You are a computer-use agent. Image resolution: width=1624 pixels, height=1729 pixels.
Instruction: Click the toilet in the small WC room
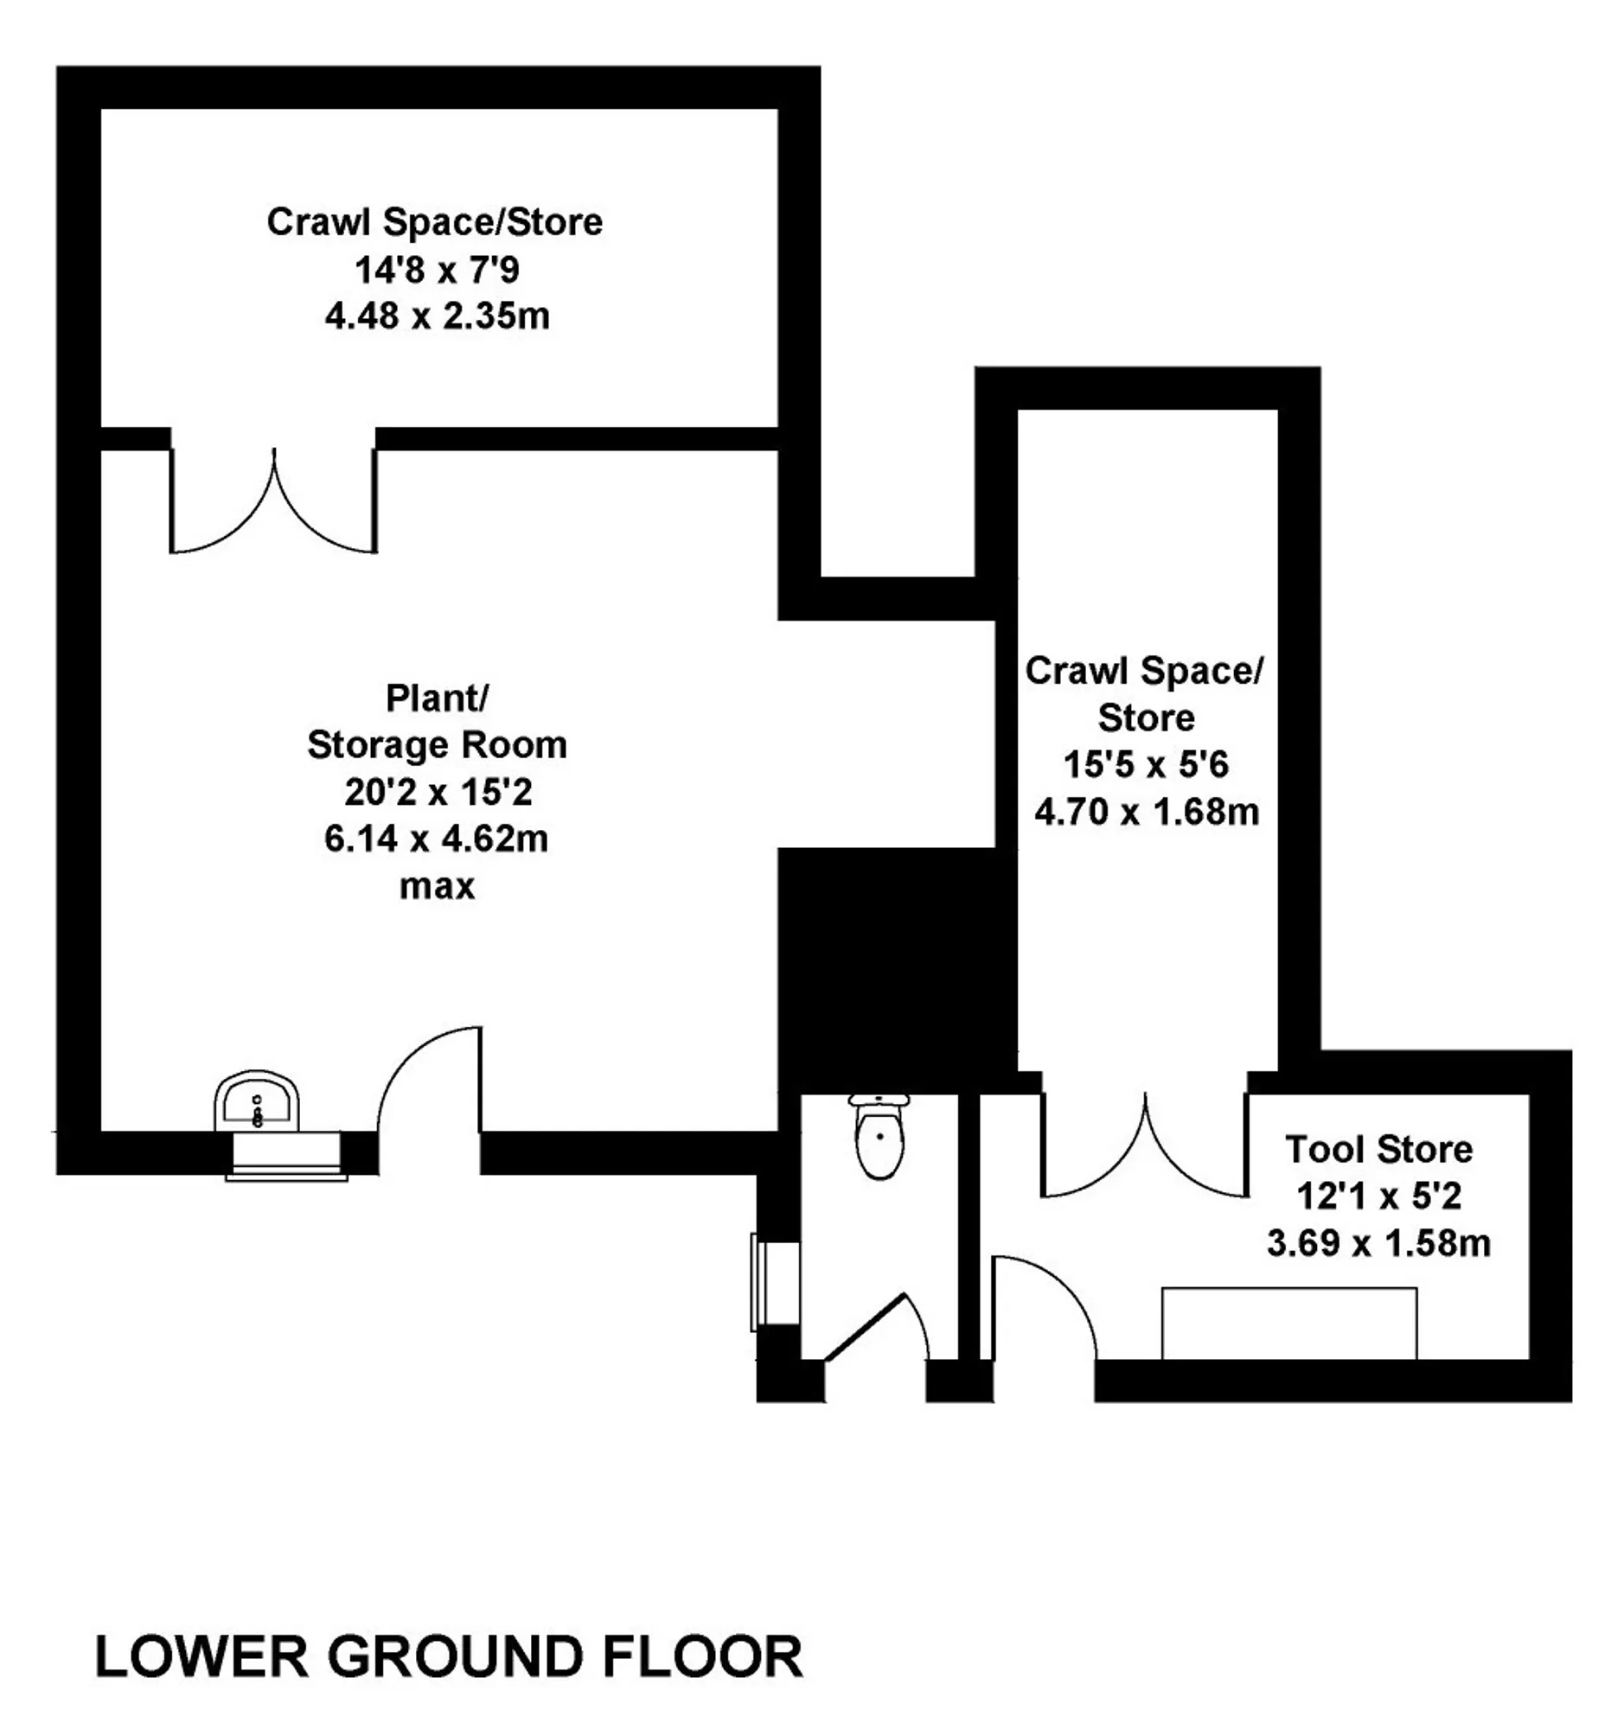(x=879, y=1136)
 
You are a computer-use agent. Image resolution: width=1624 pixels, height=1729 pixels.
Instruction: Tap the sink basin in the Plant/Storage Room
(x=257, y=1101)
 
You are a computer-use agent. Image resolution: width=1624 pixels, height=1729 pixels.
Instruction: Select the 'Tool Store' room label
(x=1378, y=1150)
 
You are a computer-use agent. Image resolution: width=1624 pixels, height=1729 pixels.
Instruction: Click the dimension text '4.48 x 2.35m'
(x=438, y=316)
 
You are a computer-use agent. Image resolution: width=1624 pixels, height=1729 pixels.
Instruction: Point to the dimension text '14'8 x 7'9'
(x=437, y=270)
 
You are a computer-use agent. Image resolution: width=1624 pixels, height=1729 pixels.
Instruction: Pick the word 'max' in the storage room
(x=437, y=887)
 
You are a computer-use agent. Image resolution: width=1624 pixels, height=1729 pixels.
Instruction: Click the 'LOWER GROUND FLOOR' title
(x=449, y=1656)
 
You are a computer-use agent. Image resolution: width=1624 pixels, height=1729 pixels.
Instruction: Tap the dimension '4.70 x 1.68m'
(x=1147, y=813)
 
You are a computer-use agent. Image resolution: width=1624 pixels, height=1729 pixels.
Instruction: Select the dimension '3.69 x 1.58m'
(x=1378, y=1244)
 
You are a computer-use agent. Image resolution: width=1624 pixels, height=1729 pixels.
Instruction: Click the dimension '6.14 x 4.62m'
(x=437, y=839)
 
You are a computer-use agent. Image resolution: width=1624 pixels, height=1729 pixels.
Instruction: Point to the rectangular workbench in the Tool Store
(x=1290, y=1323)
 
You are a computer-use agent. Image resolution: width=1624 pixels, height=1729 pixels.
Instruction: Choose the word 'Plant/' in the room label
(x=437, y=698)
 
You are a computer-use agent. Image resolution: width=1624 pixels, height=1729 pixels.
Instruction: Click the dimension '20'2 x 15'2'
(x=437, y=792)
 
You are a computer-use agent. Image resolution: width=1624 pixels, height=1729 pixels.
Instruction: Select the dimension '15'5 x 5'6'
(x=1147, y=765)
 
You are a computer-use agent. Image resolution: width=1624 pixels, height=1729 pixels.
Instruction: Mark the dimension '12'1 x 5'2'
(x=1378, y=1196)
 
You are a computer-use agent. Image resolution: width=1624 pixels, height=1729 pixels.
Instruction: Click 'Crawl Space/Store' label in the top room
(x=435, y=222)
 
